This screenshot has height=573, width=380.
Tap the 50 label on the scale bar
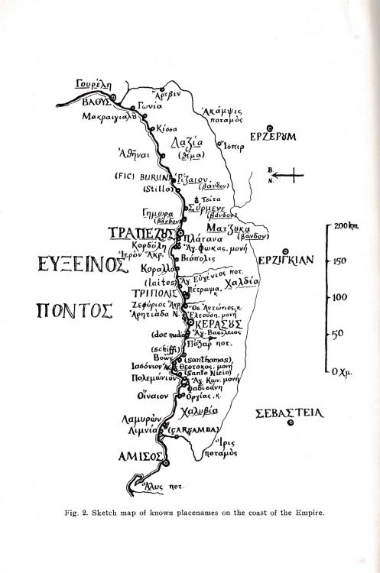[x=336, y=334]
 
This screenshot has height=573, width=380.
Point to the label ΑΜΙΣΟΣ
[x=136, y=456]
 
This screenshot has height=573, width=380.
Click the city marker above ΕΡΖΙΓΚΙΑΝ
[x=285, y=251]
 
